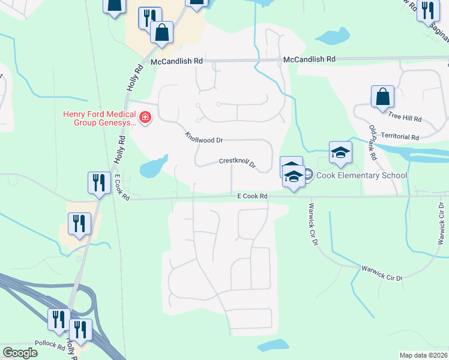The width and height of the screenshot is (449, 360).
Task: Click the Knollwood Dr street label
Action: point(204,137)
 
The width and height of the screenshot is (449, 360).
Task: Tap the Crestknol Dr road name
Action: point(237,162)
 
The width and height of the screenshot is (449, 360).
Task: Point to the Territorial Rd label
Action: point(400,137)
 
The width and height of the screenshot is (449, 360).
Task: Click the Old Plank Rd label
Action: point(373,143)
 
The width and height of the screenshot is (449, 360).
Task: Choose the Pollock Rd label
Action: point(49,346)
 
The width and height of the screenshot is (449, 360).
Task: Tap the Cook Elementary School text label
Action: point(361,175)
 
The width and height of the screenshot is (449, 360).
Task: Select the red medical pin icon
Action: point(145,116)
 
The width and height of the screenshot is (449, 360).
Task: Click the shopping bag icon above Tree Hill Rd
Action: point(382,97)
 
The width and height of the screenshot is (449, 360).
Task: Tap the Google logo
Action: point(20,352)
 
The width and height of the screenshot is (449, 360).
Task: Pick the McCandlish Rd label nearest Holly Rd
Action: point(177,61)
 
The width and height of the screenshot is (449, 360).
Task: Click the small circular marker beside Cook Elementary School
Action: point(309,175)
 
